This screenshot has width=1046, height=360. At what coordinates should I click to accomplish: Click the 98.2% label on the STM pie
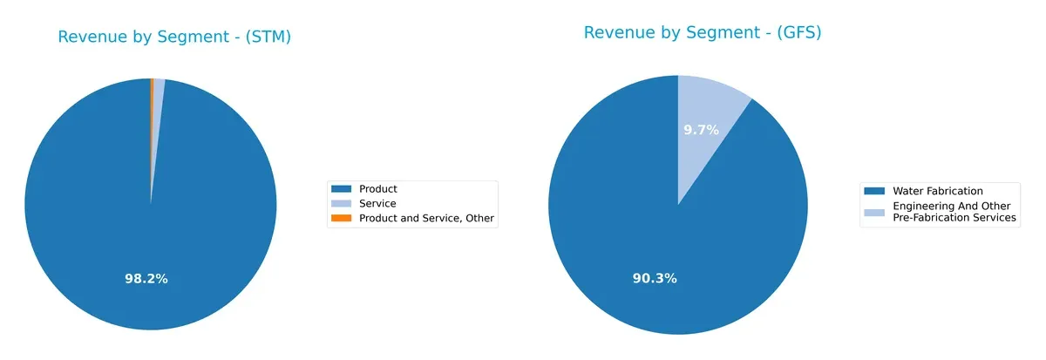(x=146, y=279)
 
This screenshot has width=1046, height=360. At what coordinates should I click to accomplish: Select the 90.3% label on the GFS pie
(x=655, y=278)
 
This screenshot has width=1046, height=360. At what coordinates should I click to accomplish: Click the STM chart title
(x=174, y=37)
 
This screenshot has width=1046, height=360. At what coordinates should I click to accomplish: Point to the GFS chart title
(x=703, y=33)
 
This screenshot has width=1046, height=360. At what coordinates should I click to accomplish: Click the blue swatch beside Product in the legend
(x=343, y=189)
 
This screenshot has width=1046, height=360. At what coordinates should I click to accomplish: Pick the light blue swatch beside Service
(x=343, y=204)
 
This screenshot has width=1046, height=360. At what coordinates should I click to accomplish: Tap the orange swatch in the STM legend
(x=343, y=219)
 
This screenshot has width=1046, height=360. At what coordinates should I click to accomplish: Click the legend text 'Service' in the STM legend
(x=377, y=204)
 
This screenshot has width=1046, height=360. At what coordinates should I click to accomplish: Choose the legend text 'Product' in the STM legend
(x=378, y=189)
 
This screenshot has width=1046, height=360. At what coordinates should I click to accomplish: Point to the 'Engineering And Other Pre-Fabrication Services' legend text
(x=954, y=212)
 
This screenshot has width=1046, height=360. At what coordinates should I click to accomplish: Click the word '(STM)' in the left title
(x=266, y=37)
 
